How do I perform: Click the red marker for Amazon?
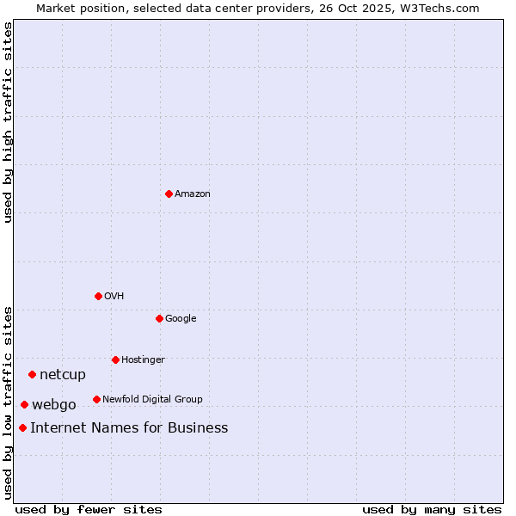[169, 193]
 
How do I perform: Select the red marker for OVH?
[98, 296]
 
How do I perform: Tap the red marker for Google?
[159, 318]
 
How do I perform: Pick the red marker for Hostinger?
[115, 359]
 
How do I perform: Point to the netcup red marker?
[32, 374]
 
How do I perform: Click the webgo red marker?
[24, 404]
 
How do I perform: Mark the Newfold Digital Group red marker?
[96, 399]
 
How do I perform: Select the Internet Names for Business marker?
[22, 427]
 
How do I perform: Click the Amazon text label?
[193, 194]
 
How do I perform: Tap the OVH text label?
[114, 297]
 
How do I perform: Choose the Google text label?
[181, 319]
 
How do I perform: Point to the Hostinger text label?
[143, 359]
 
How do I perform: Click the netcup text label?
[63, 375]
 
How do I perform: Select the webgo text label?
[54, 405]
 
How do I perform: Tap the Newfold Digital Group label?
[152, 399]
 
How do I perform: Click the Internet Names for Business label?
[129, 428]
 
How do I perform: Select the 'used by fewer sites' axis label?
[89, 509]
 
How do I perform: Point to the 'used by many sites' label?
[432, 509]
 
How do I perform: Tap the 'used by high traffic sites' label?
[9, 122]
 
